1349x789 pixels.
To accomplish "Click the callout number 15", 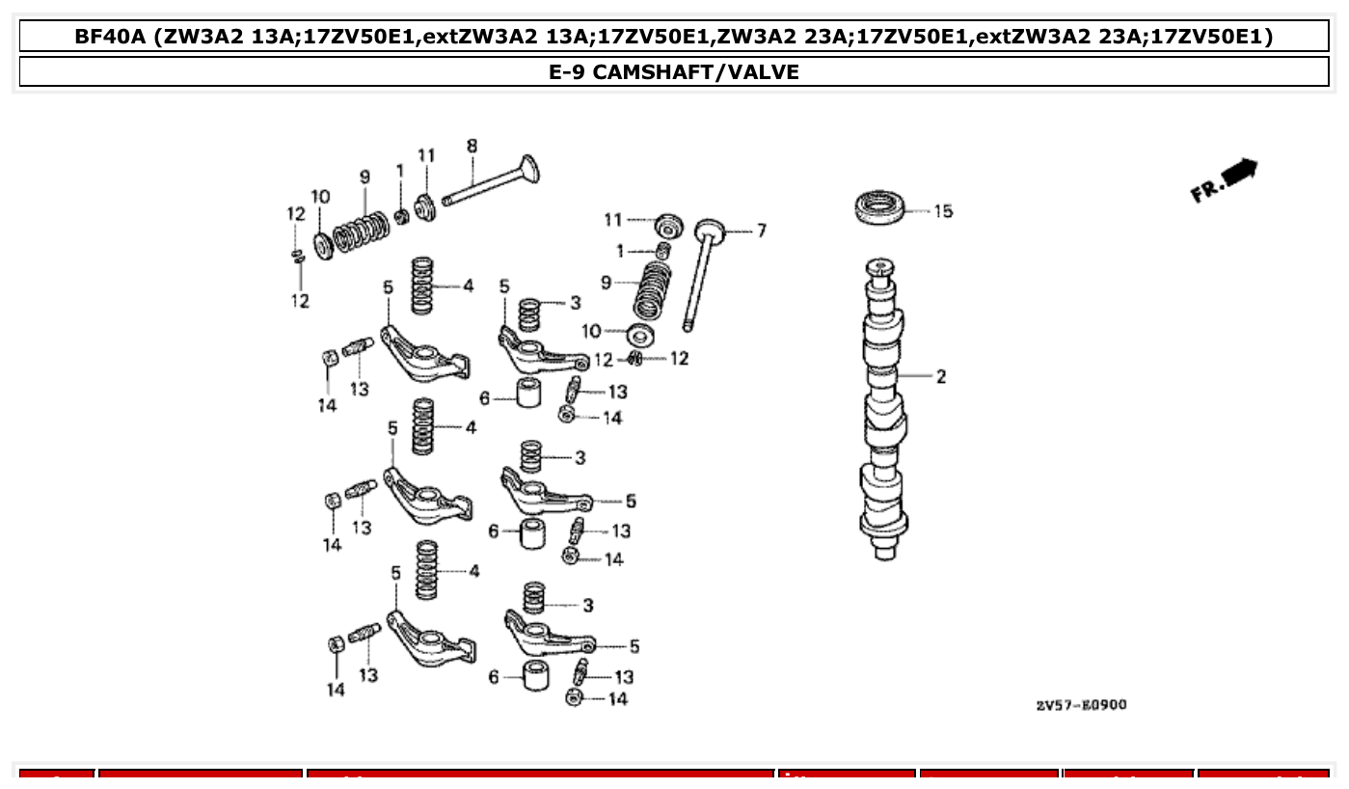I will coord(942,211).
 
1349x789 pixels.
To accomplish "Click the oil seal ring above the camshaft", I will coord(880,207).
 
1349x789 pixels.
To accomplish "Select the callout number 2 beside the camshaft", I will coord(941,376).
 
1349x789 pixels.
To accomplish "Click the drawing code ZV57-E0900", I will coord(1081,704).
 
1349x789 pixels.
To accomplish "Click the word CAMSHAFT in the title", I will coord(649,71).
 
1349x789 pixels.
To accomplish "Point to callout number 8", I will coord(472,146).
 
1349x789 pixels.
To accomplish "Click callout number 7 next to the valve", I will coord(761,231).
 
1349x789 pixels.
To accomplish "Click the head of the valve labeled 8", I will coord(528,171).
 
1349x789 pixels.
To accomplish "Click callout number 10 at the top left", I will coord(320,197).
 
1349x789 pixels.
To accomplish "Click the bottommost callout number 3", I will coord(587,605).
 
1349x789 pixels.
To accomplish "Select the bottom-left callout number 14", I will coord(335,689).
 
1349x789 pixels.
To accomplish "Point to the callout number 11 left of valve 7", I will coord(613,220).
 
